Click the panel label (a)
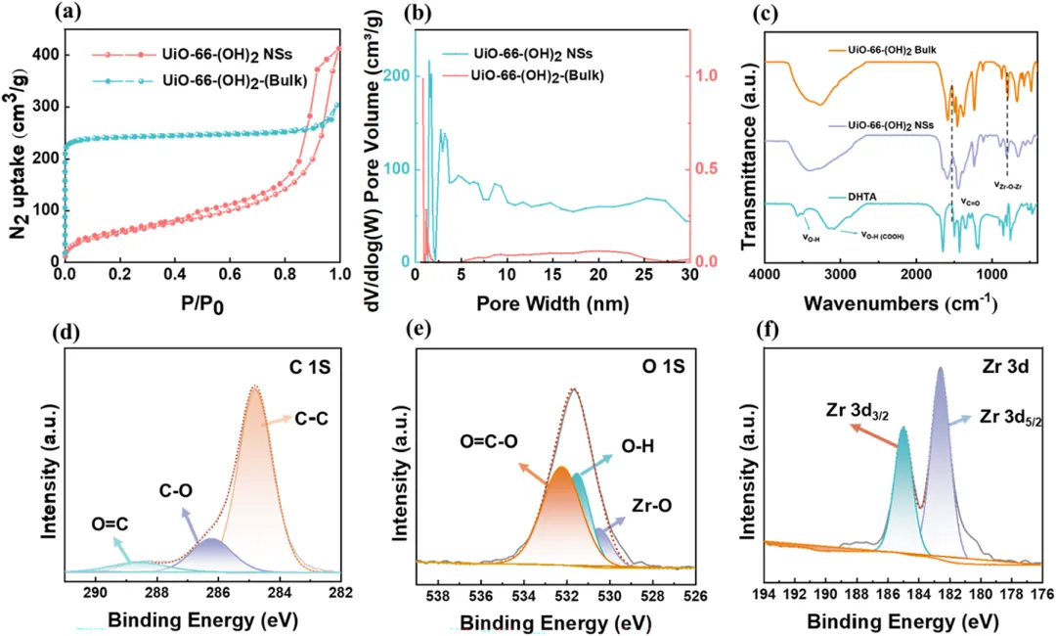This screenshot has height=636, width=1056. pyautogui.click(x=39, y=13)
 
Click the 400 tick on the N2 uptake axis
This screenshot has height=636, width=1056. pyautogui.click(x=44, y=55)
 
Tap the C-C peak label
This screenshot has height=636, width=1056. pyautogui.click(x=310, y=420)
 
